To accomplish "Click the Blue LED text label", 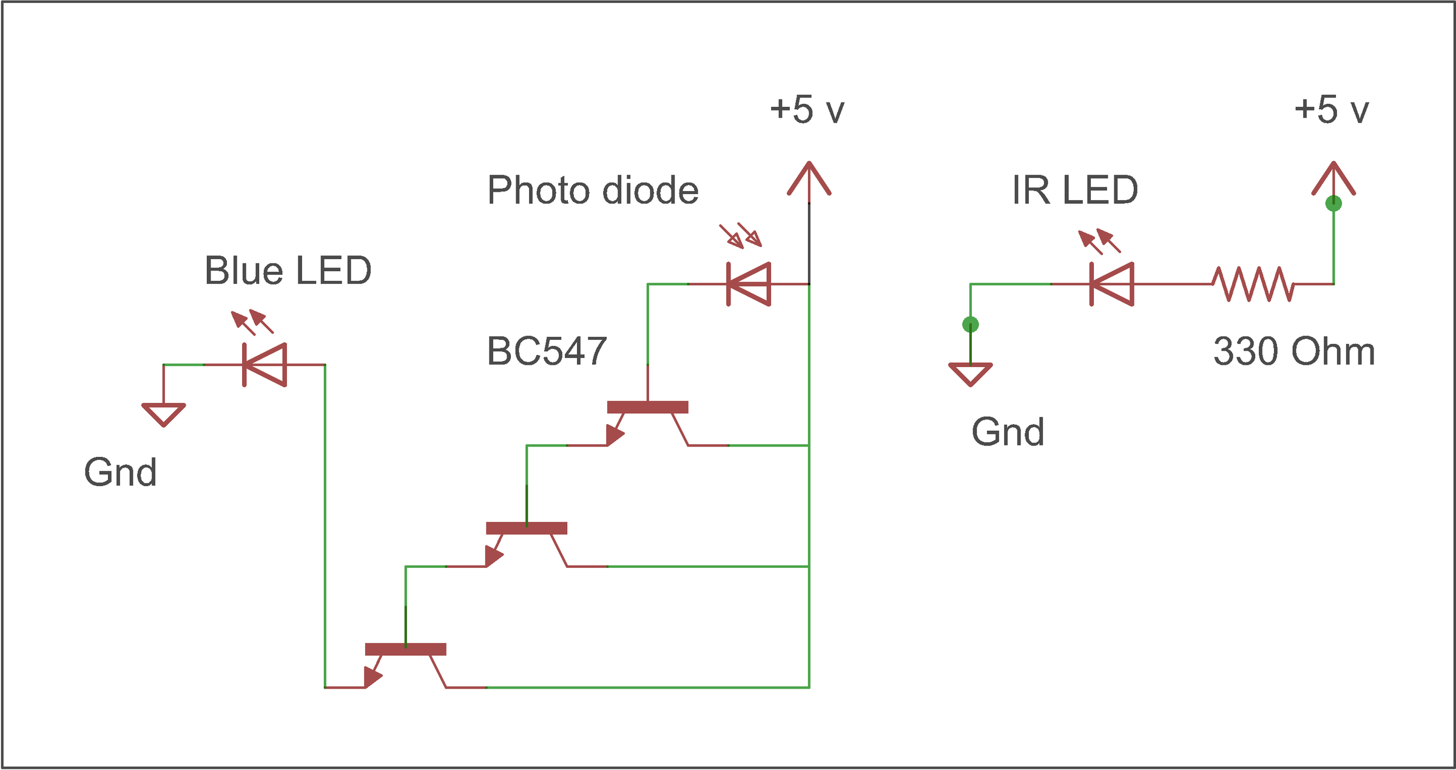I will [288, 271].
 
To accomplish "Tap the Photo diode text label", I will [593, 191].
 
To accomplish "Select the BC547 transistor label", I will [547, 351].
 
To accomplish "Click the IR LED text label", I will [1074, 191].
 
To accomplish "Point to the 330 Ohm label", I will [1293, 351].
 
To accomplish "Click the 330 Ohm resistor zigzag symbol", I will [1253, 284].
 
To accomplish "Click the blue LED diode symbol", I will [265, 365].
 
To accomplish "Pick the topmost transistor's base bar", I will [647, 407].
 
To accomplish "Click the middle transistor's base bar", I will [526, 529].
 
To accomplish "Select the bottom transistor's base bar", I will [405, 649].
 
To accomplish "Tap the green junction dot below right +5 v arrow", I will [1333, 203].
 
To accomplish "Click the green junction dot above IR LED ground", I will [971, 325].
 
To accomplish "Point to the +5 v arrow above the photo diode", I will [809, 179].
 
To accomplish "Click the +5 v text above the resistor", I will [1332, 110].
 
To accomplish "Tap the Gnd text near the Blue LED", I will [120, 473].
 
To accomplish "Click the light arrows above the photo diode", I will [741, 235].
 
